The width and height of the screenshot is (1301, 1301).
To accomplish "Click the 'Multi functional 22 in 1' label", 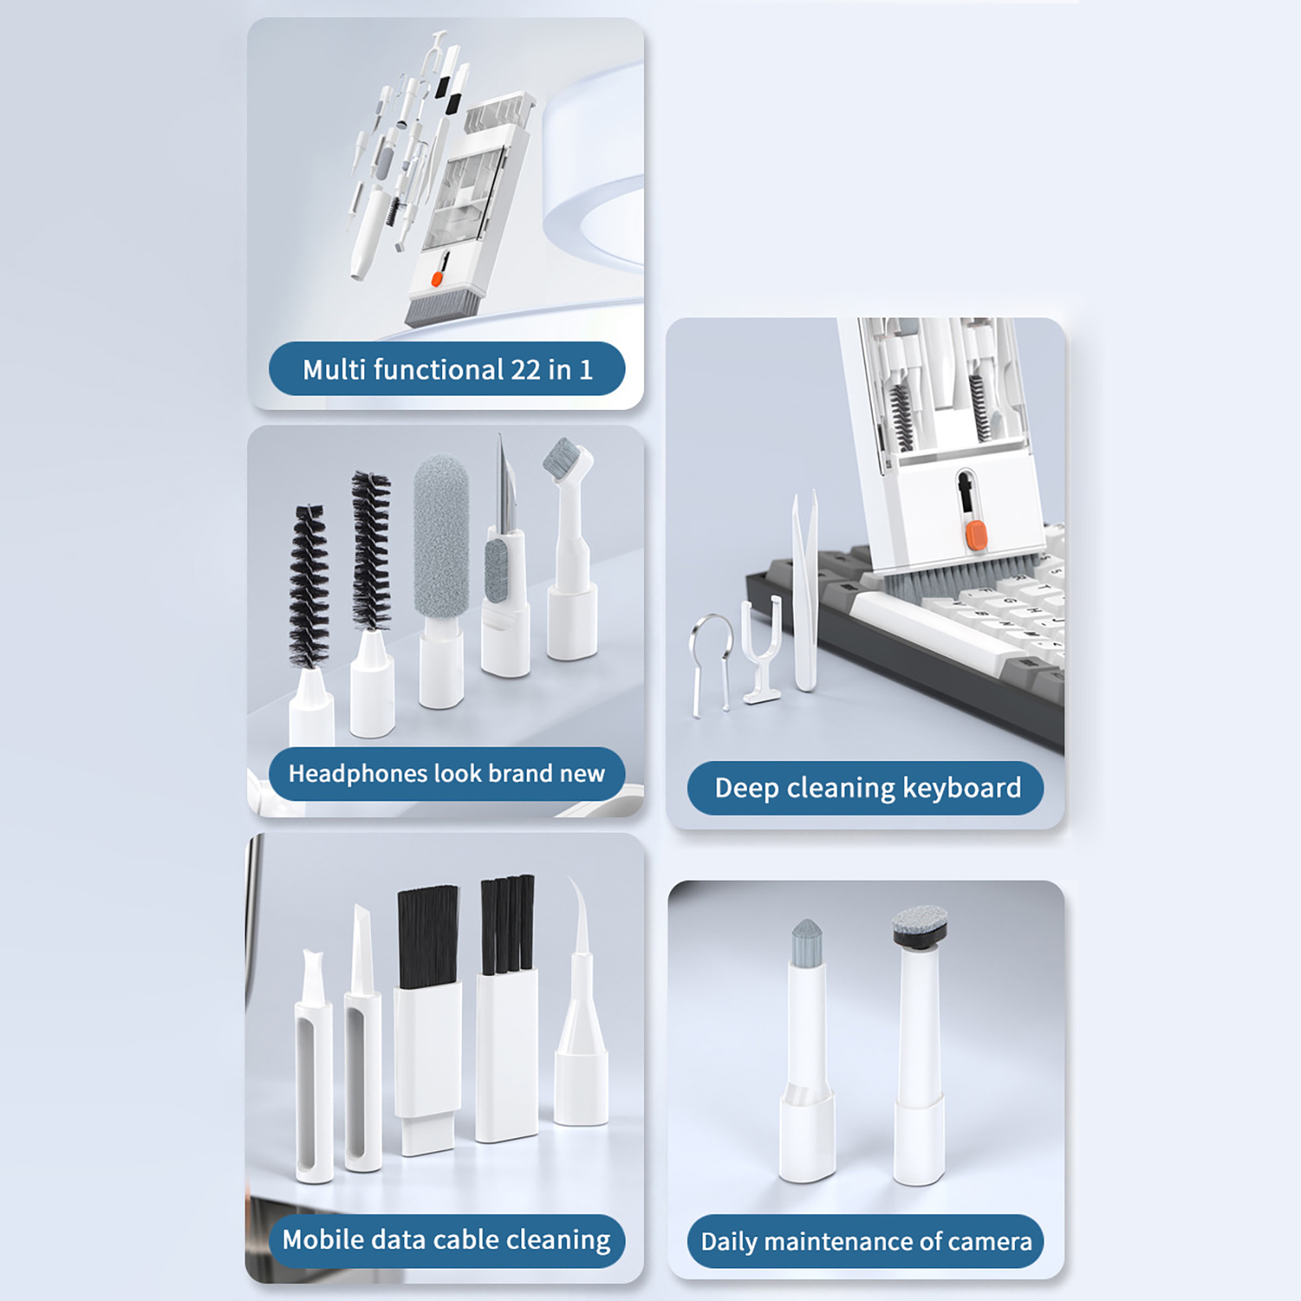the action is [447, 370].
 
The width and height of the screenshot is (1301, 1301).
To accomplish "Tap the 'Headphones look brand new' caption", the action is [446, 773].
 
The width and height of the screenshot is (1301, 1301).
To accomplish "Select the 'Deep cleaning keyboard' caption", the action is [868, 788].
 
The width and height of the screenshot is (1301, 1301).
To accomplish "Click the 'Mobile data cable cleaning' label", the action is [446, 1240].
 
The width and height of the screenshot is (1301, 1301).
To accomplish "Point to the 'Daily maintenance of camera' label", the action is [866, 1242].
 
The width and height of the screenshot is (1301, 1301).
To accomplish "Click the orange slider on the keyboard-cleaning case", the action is [975, 535].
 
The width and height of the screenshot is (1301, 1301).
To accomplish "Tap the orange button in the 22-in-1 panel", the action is [437, 279].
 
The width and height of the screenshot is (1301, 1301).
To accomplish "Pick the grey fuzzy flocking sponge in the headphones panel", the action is [441, 537].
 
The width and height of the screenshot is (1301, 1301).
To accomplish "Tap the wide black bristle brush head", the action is [427, 937].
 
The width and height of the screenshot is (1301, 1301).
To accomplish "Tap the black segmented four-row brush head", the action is [507, 925].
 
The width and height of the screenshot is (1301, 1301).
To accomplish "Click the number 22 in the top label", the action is [525, 371].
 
